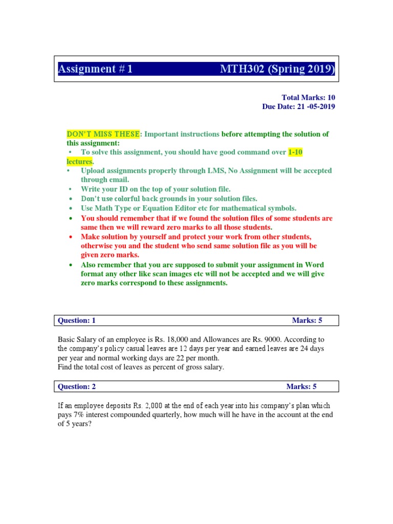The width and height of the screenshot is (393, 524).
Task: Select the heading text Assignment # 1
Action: pyautogui.click(x=95, y=69)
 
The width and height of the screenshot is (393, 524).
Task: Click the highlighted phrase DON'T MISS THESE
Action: pyautogui.click(x=103, y=134)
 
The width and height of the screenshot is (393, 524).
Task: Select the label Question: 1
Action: pyautogui.click(x=77, y=321)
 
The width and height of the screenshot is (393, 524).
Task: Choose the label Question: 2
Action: pyautogui.click(x=77, y=386)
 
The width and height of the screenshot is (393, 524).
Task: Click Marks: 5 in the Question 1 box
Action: pyautogui.click(x=307, y=321)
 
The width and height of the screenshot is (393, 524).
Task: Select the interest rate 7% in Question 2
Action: pyautogui.click(x=77, y=414)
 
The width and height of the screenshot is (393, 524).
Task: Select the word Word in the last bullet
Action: pyautogui.click(x=315, y=265)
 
